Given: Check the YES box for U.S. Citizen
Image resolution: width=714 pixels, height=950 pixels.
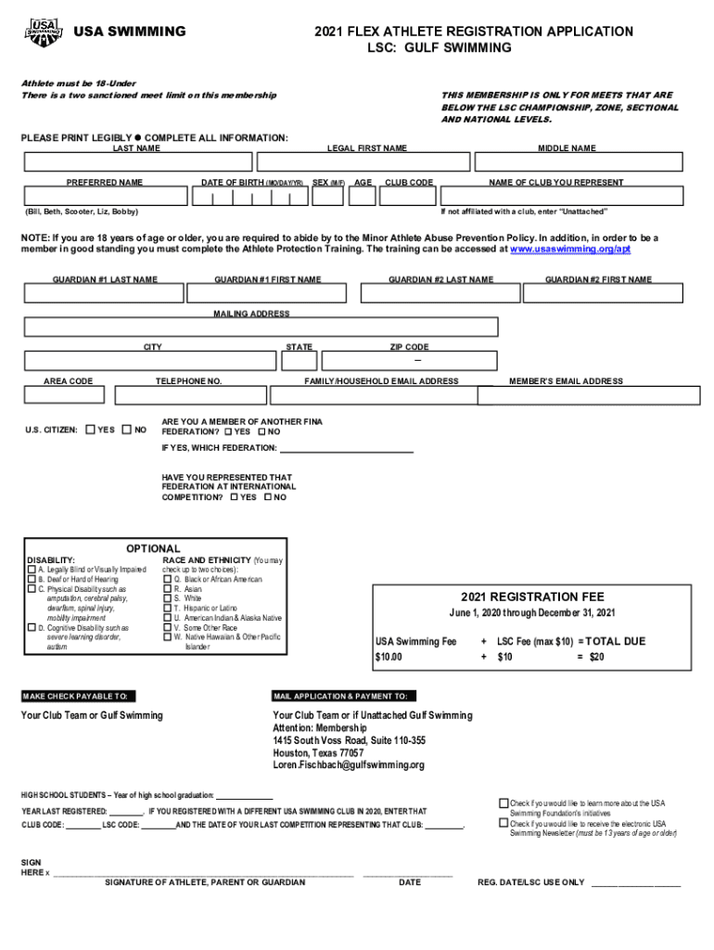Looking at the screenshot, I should coord(89,430).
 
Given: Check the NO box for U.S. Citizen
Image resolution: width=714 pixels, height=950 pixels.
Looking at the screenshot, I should coord(127,430).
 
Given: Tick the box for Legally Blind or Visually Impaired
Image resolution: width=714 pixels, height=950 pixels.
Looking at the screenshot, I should coord(32,570).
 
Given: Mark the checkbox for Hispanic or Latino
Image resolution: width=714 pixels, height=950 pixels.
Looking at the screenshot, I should coord(169,608).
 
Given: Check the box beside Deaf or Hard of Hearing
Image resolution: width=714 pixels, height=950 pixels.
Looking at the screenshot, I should coord(32,579).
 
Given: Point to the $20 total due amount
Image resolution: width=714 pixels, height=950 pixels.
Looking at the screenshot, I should coord(597,657).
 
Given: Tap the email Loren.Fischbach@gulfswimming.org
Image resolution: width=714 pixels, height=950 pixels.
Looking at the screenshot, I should coord(349,765).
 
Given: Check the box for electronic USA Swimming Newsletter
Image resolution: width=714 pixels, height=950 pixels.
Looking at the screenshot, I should coord(504,823).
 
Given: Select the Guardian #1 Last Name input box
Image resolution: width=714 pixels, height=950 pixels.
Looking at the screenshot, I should coord(104,293).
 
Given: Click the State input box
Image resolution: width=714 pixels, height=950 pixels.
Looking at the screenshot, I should coord(300,361).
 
